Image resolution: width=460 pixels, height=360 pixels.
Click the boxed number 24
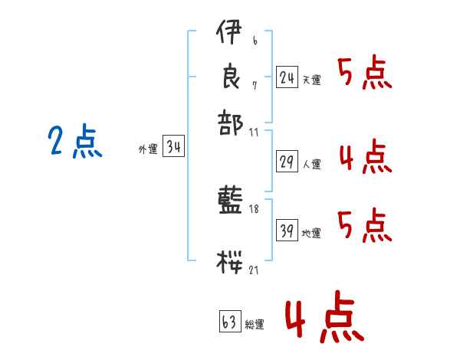(x=287, y=77)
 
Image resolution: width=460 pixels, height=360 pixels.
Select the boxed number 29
(x=287, y=162)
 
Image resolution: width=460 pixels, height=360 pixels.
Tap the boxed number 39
(x=287, y=231)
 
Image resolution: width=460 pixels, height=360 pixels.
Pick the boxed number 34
(x=173, y=148)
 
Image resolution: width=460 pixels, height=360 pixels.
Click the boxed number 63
(x=230, y=322)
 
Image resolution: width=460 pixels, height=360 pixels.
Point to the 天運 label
(x=311, y=80)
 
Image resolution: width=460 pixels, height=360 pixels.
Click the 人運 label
(x=311, y=164)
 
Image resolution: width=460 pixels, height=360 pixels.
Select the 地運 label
(x=311, y=233)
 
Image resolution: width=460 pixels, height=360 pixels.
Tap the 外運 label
(x=148, y=150)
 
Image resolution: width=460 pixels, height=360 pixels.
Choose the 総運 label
(x=255, y=325)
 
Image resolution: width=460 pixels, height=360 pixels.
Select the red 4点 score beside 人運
(x=365, y=157)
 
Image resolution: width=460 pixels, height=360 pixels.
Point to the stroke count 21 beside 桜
(x=254, y=270)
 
